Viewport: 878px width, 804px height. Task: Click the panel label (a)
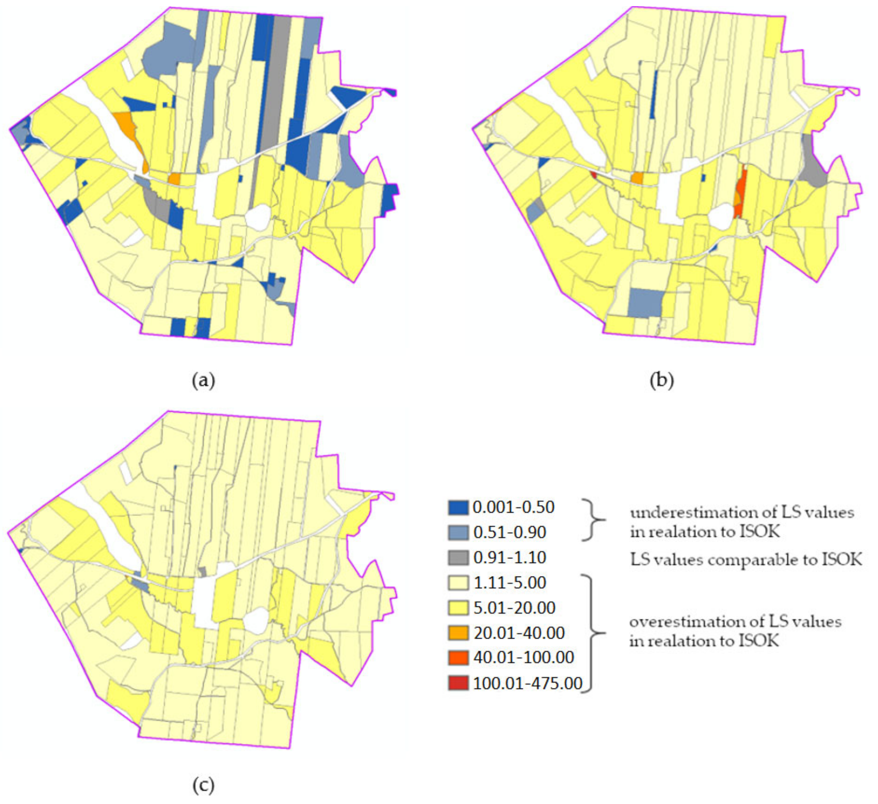(x=203, y=381)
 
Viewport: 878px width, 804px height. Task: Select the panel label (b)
(x=661, y=381)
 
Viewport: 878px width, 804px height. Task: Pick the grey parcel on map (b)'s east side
(x=813, y=168)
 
